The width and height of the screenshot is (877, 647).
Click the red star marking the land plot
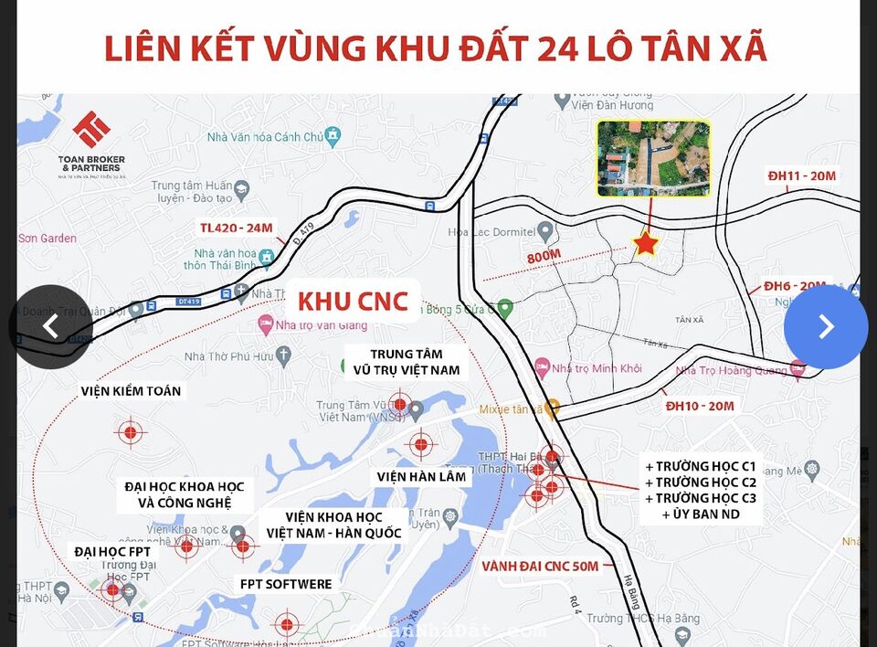pyautogui.click(x=647, y=244)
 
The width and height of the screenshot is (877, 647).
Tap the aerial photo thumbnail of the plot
pyautogui.click(x=652, y=159)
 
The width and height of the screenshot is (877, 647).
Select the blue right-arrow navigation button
pyautogui.click(x=826, y=327)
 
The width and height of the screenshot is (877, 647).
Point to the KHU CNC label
pyautogui.click(x=353, y=301)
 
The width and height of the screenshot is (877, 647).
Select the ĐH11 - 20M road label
pyautogui.click(x=802, y=175)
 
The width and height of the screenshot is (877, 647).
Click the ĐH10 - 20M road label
pyautogui.click(x=700, y=406)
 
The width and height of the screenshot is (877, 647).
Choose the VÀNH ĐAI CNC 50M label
pyautogui.click(x=542, y=567)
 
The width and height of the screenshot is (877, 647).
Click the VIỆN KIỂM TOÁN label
pyautogui.click(x=131, y=391)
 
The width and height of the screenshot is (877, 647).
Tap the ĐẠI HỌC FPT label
pyautogui.click(x=112, y=552)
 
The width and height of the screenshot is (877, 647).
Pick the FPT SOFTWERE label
pyautogui.click(x=286, y=584)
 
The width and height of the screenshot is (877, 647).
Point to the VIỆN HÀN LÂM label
pyautogui.click(x=421, y=476)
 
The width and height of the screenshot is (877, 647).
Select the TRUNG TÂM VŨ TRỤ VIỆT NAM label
pyautogui.click(x=407, y=362)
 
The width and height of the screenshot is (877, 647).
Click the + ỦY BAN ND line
pyautogui.click(x=700, y=514)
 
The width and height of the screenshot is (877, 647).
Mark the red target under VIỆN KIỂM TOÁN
pyautogui.click(x=131, y=431)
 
